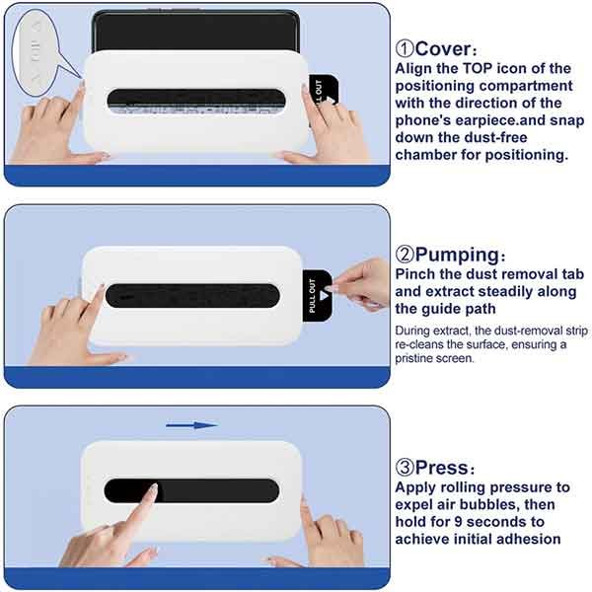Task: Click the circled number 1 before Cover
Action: point(405,49)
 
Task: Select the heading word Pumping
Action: point(457,256)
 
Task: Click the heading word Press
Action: point(442,468)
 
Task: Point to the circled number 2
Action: point(405,255)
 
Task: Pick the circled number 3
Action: point(405,468)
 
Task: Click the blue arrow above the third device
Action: point(191,425)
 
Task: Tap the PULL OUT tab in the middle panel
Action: point(317,296)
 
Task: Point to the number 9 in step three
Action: point(458,522)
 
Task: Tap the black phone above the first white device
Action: point(196,32)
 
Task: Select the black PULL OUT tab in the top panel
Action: point(324,91)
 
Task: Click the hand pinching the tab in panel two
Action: point(362,283)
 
